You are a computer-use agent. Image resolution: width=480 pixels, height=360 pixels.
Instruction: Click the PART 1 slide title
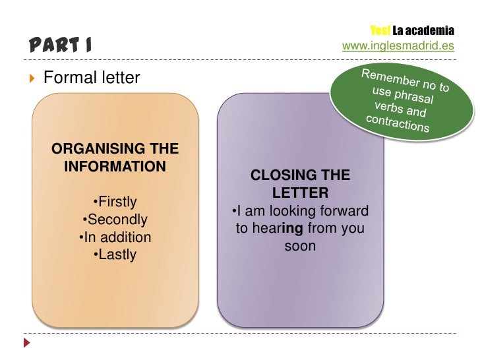[60, 45]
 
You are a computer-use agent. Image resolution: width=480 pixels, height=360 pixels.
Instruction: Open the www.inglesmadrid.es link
[398, 46]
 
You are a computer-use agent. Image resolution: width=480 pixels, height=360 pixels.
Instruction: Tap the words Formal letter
[92, 78]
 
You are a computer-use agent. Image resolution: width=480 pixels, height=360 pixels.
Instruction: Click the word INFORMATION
[115, 165]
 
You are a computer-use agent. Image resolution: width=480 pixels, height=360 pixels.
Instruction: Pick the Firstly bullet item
[116, 200]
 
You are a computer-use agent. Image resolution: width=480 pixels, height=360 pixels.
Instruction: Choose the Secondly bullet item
[115, 219]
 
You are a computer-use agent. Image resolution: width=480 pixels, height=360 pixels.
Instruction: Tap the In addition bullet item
[115, 237]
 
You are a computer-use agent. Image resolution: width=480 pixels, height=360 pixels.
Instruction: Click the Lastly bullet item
[116, 255]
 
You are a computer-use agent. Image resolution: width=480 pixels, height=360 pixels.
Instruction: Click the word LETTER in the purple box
[300, 193]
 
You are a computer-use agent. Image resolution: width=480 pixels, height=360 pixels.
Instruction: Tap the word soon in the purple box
[300, 247]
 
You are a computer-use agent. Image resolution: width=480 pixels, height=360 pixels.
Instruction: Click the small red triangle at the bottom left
[28, 344]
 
